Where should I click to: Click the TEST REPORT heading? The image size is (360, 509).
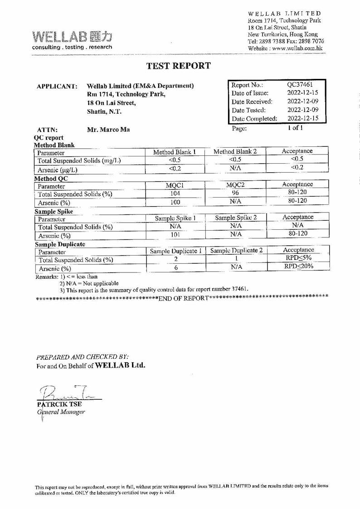pyautogui.click(x=179, y=66)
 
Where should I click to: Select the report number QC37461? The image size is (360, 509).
pyautogui.click(x=300, y=84)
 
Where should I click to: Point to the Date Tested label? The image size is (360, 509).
pyautogui.click(x=248, y=110)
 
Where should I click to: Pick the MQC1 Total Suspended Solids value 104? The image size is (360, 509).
pyautogui.click(x=175, y=194)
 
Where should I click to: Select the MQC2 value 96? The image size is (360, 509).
pyautogui.click(x=235, y=193)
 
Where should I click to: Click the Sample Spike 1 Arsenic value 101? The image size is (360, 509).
pyautogui.click(x=175, y=235)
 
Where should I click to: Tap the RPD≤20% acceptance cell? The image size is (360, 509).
pyautogui.click(x=298, y=266)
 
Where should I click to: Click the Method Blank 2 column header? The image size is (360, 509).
pyautogui.click(x=235, y=151)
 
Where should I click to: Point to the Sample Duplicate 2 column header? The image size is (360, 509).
pyautogui.click(x=236, y=250)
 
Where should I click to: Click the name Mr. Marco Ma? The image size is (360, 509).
pyautogui.click(x=108, y=130)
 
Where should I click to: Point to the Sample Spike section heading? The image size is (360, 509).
pyautogui.click(x=54, y=211)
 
